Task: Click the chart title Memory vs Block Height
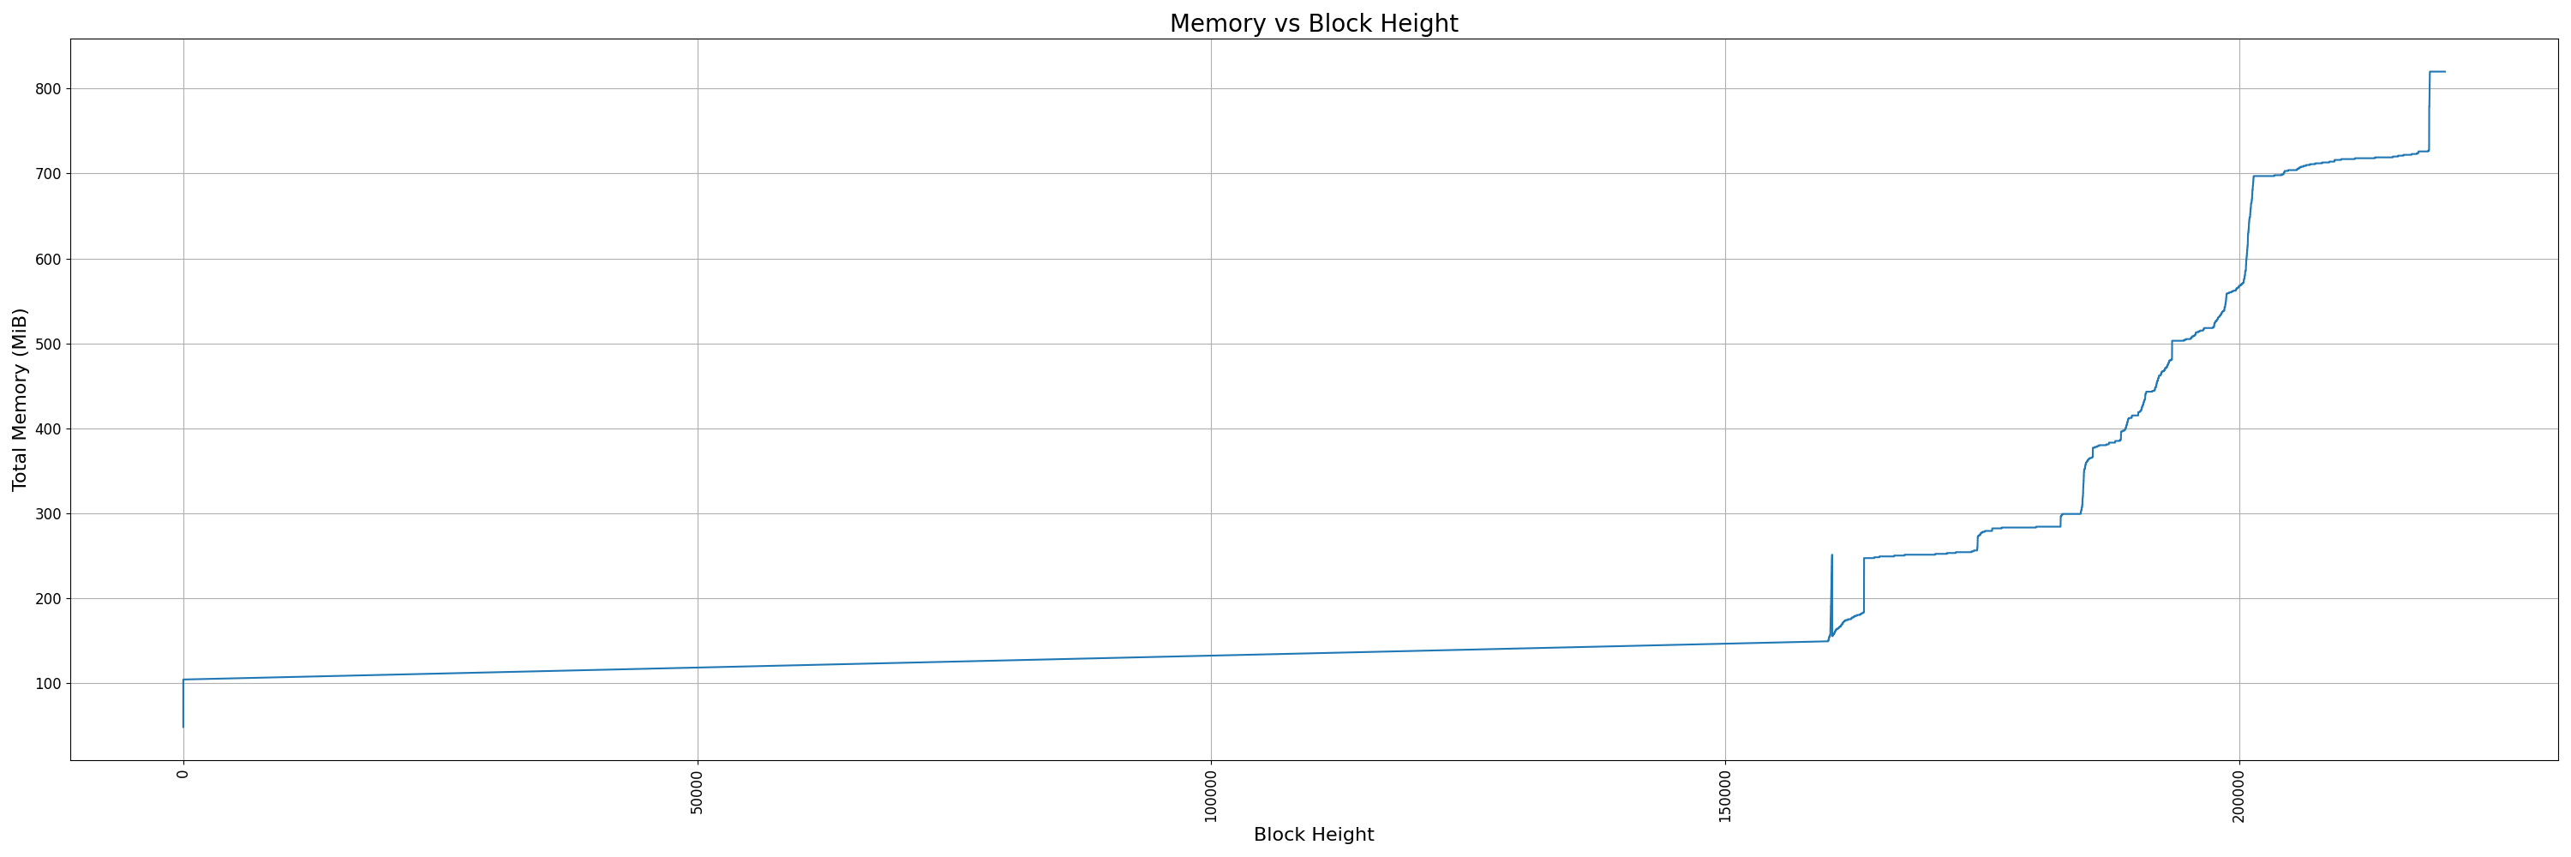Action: [x=1314, y=24]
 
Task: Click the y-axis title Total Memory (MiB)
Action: [x=20, y=399]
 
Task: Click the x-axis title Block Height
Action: [x=1314, y=835]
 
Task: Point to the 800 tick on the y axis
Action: [x=47, y=89]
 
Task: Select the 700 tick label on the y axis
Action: [x=47, y=174]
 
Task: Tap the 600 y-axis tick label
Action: [x=47, y=260]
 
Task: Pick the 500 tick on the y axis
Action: [x=47, y=345]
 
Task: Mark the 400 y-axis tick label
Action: [x=47, y=429]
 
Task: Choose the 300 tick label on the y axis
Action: [x=47, y=514]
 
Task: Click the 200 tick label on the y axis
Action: [x=47, y=598]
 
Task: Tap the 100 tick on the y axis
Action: [x=47, y=683]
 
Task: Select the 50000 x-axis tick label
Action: [x=697, y=791]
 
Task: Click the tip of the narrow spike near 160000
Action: [x=1831, y=555]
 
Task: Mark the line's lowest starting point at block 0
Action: [x=183, y=726]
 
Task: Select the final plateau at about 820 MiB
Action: [x=2436, y=72]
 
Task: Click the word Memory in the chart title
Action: [x=1218, y=24]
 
